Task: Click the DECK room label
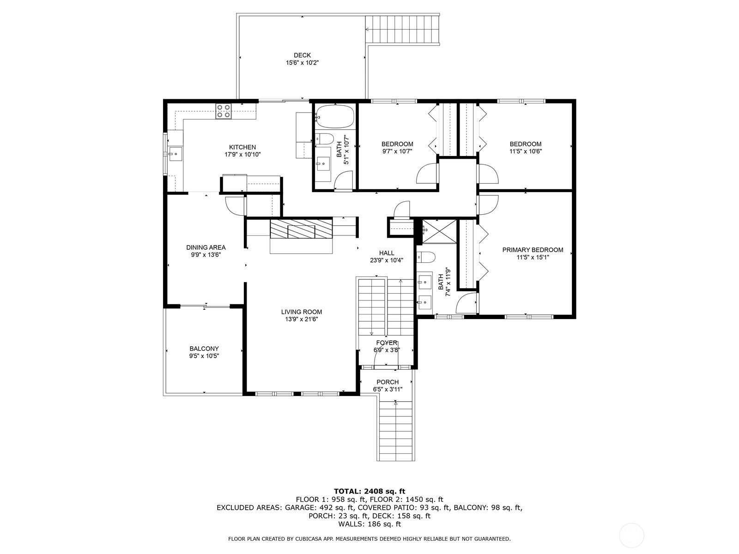tap(302, 55)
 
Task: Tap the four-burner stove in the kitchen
tap(224, 111)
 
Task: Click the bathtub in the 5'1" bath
tap(335, 116)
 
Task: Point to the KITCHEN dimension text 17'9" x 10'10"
tap(242, 155)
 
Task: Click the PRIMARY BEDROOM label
tap(533, 250)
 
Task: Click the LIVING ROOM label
tap(301, 312)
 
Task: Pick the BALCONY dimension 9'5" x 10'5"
tap(204, 356)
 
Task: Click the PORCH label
tap(387, 382)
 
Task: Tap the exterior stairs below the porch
tap(395, 432)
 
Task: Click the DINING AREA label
tap(206, 247)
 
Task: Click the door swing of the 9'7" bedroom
tap(426, 175)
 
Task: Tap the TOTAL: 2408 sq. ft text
tap(369, 491)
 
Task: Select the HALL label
tap(386, 253)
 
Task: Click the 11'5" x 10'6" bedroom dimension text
tap(526, 151)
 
